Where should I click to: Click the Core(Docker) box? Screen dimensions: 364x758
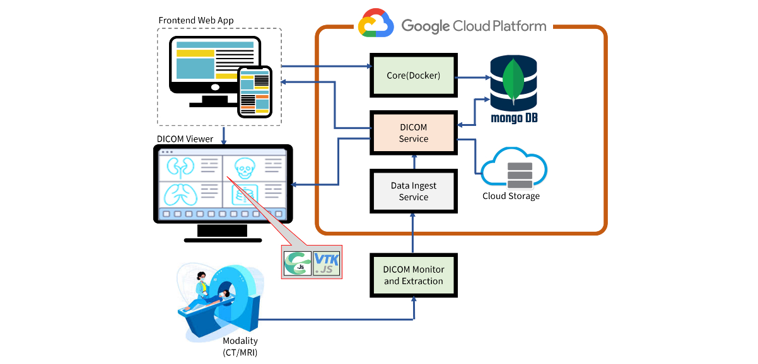413,75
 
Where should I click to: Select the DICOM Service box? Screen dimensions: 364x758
413,133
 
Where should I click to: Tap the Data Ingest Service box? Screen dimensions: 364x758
413,191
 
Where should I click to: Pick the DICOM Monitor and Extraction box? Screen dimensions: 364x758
413,275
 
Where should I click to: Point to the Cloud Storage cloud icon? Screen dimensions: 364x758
514,169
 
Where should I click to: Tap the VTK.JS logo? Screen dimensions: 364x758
327,263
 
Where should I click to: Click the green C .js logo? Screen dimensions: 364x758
297,263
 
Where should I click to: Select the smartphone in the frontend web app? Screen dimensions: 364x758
255,92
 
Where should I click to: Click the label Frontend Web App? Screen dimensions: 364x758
196,20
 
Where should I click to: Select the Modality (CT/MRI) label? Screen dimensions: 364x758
240,347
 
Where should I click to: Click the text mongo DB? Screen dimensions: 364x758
514,118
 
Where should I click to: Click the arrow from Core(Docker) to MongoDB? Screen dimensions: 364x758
473,77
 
